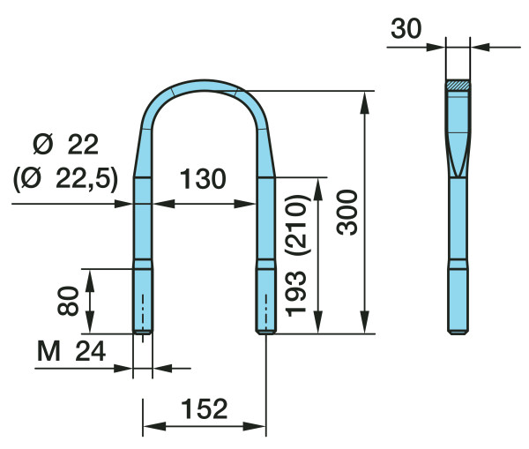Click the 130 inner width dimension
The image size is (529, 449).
pos(203,178)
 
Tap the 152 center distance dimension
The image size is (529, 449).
pos(205,408)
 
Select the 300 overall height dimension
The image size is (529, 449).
pos(347,213)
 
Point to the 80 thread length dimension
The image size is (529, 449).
pos(68,301)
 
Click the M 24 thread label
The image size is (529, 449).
pos(71,351)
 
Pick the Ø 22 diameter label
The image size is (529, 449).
pos(66,145)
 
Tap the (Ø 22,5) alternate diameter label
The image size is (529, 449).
pos(66,178)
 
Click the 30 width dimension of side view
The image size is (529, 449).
pos(406,29)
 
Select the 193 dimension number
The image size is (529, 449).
pos(296,294)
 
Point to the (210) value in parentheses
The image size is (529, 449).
pos(297,224)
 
